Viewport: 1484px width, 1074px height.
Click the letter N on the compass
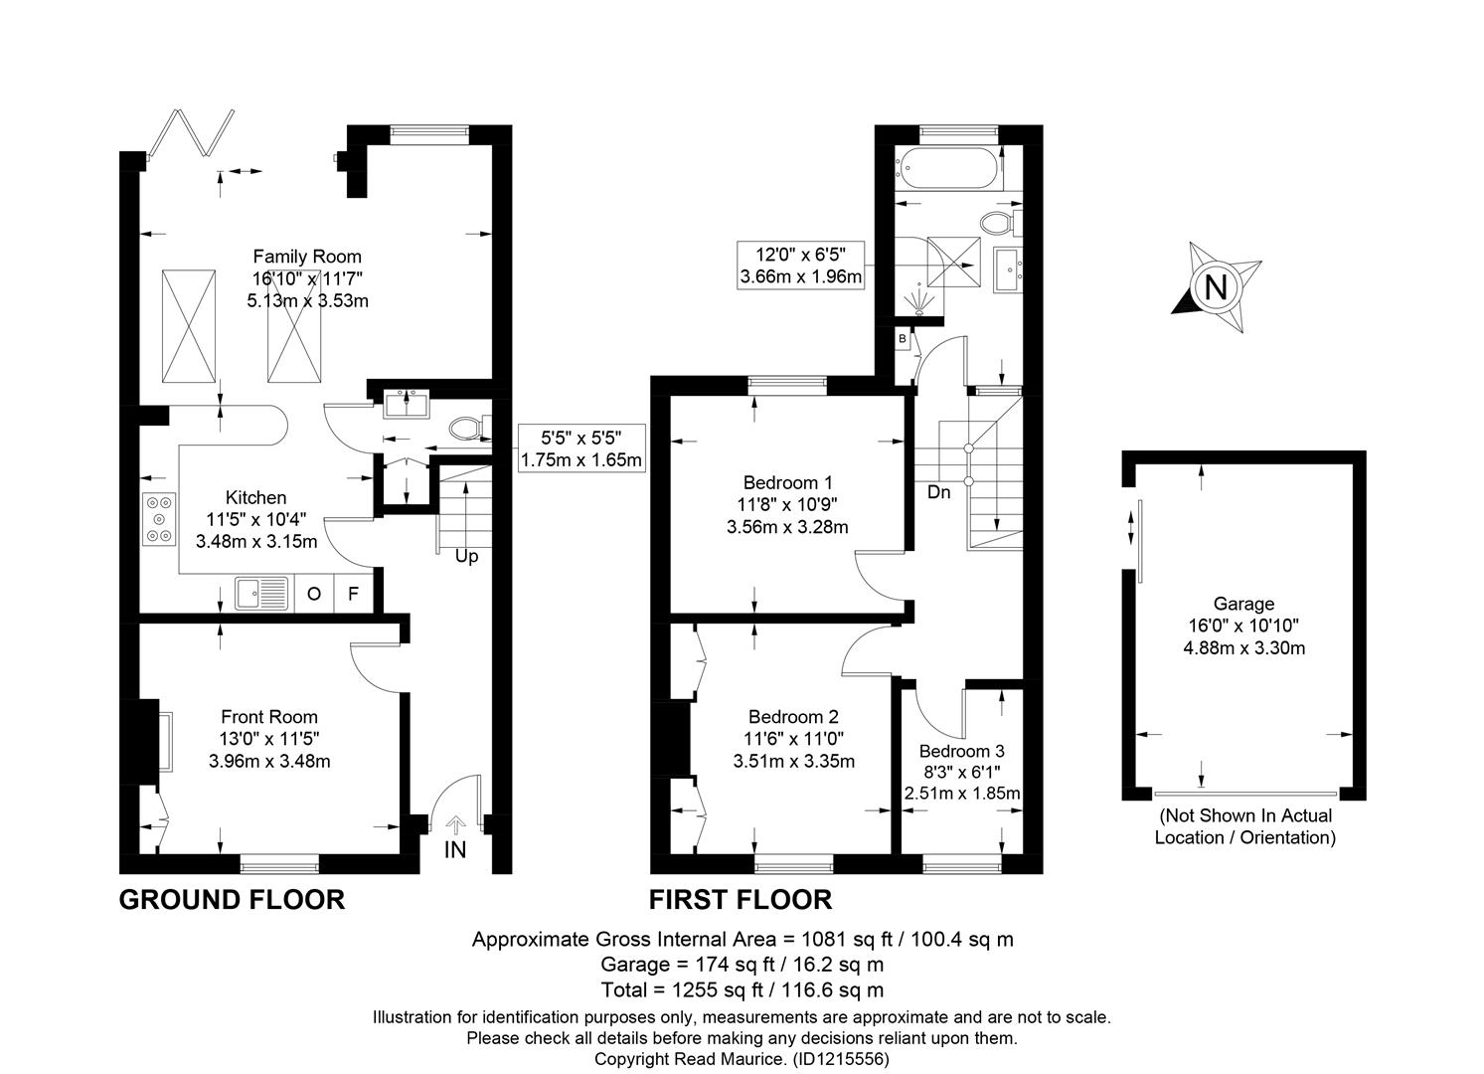coord(1216,287)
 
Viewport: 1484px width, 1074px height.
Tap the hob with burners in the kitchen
coord(159,519)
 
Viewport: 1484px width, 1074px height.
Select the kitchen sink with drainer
coord(262,594)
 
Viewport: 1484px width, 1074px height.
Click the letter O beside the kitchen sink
coord(314,594)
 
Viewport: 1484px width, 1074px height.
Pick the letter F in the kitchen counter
coord(353,594)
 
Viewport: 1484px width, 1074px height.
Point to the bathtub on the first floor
coord(946,168)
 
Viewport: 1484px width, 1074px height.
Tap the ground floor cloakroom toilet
coord(470,429)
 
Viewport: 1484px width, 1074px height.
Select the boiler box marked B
coord(903,339)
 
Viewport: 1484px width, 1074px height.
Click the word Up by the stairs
coord(466,556)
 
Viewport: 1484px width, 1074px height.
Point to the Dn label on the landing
coord(938,492)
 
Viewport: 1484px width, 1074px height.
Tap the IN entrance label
coord(455,849)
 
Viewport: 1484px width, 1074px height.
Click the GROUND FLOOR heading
coord(232,900)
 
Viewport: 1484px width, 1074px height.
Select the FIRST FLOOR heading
coord(741,900)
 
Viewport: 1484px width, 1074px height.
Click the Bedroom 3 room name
coord(962,751)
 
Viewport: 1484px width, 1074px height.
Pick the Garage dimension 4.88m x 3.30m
coord(1244,647)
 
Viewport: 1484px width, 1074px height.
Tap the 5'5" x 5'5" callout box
coord(581,447)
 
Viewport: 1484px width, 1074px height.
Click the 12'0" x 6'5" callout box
coord(801,266)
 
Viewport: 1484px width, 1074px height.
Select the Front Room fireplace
coord(149,742)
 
